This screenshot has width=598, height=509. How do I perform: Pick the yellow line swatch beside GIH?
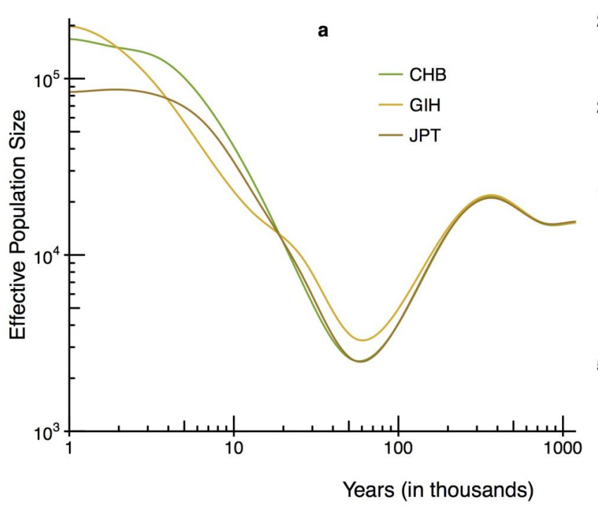tap(389, 105)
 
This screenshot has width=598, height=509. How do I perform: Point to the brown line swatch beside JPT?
tap(389, 135)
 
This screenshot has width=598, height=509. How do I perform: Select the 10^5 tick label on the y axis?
tap(49, 79)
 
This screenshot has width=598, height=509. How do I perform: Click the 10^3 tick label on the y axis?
tap(49, 432)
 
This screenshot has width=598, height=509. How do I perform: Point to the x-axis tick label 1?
tap(69, 448)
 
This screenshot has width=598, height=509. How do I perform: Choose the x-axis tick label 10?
tap(234, 448)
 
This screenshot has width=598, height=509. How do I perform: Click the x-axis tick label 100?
tap(398, 448)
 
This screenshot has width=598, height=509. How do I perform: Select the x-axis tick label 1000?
tap(561, 448)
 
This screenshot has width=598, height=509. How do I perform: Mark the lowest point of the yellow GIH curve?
tap(362, 340)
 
